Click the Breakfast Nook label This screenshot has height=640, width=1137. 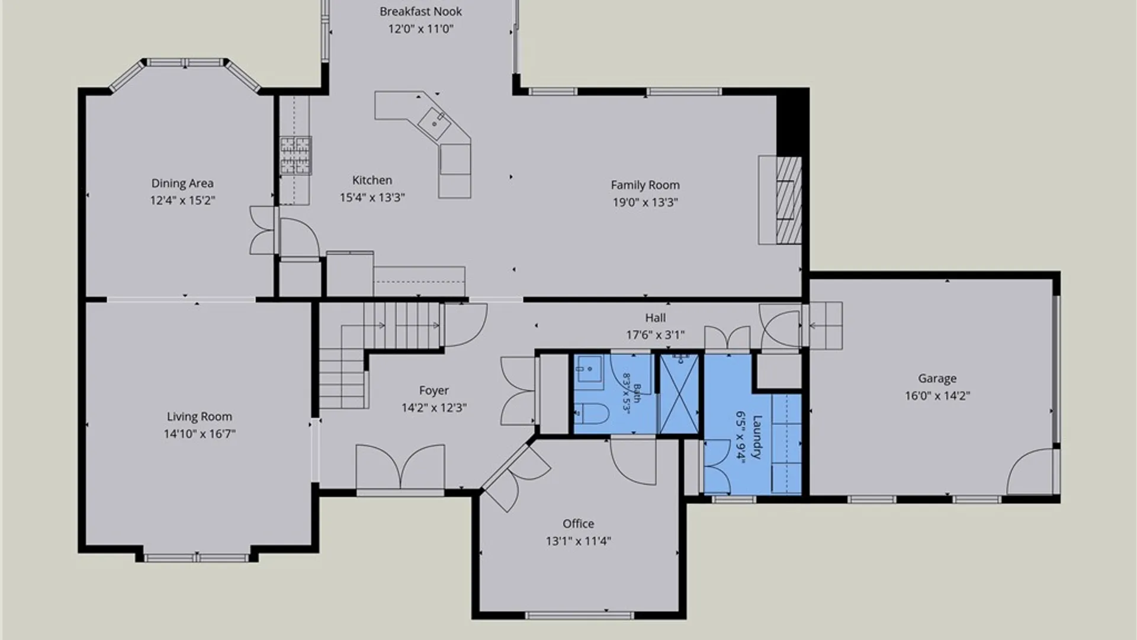[420, 11]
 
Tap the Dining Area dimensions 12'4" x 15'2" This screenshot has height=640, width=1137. [182, 200]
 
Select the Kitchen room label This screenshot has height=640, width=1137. [372, 180]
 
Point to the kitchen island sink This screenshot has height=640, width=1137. [435, 121]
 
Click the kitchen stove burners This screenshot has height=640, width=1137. [296, 155]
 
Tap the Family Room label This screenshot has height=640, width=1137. [645, 185]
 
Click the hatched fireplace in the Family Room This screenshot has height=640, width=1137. [789, 200]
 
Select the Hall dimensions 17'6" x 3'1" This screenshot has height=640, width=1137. [656, 335]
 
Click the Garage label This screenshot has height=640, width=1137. [937, 378]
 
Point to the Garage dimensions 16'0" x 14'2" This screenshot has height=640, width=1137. [937, 395]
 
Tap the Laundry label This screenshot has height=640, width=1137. [757, 437]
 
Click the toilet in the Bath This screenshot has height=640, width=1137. [590, 413]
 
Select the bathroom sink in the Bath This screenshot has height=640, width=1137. [589, 372]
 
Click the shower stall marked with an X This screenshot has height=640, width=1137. [679, 393]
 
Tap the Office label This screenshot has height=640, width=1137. [578, 523]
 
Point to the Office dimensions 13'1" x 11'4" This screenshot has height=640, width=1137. [578, 540]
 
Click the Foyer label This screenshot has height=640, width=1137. [433, 391]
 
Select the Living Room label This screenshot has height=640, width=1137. [199, 417]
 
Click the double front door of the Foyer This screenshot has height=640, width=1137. [400, 468]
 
